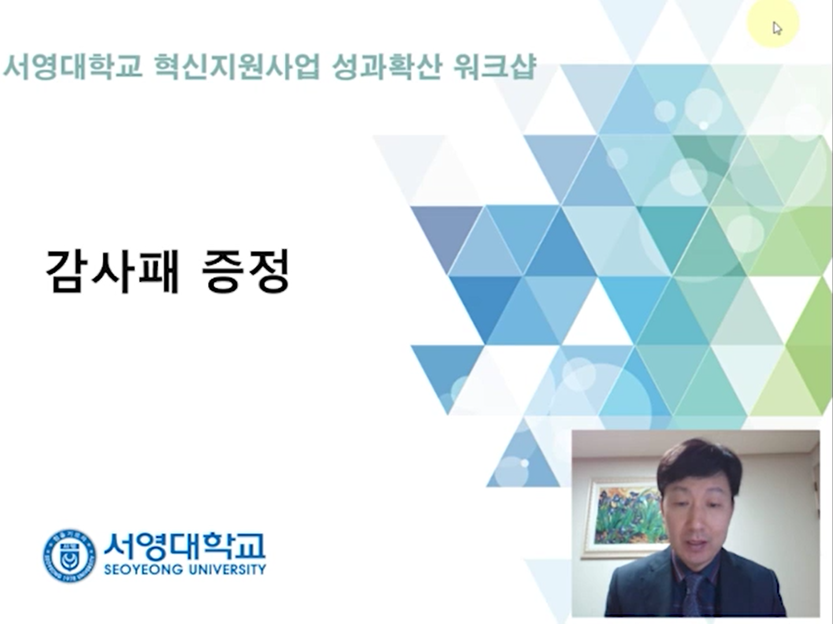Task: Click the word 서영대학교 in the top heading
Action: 72,68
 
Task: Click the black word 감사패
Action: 112,271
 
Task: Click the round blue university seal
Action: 69,556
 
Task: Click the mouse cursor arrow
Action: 777,28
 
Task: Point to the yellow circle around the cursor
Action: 773,23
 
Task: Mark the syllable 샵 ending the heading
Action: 523,68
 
